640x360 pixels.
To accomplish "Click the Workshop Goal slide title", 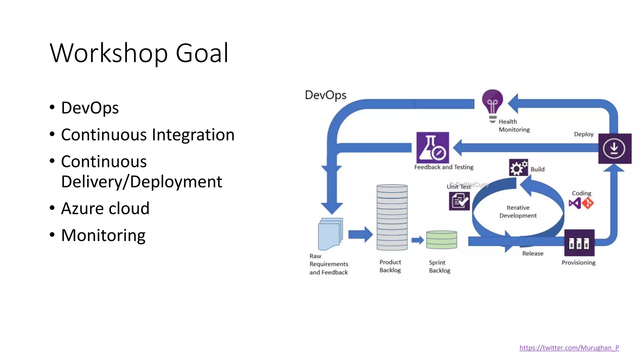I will point(139,53).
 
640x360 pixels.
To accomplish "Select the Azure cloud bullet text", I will point(105,208).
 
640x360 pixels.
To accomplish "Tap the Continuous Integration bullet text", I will point(147,135).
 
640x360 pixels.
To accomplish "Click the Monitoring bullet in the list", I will point(103,235).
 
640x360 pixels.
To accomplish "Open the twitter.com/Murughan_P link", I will point(569,348).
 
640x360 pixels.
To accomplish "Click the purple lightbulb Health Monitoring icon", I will point(492,103).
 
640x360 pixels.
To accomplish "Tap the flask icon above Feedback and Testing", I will point(432,147).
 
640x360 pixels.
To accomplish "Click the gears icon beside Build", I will point(518,167).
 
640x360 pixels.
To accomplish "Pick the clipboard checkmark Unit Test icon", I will point(459,201).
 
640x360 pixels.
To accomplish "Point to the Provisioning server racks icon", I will point(579,243).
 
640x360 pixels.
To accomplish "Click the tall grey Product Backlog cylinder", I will point(392,217).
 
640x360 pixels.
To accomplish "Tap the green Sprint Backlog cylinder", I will point(442,240).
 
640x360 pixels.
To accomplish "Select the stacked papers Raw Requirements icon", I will point(330,234).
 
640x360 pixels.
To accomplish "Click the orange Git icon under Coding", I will point(588,203).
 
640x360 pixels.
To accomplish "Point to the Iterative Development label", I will point(518,212).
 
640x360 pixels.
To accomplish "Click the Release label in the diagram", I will point(532,253).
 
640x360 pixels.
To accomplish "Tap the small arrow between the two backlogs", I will point(417,240).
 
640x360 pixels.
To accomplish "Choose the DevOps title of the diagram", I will point(325,95).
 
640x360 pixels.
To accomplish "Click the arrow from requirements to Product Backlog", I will point(360,234).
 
